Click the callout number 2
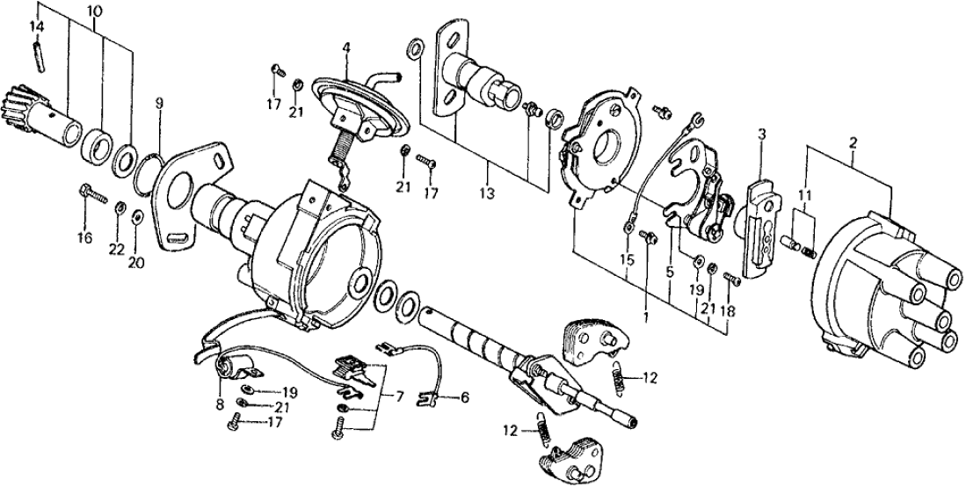click(x=852, y=141)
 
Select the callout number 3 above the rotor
click(x=761, y=134)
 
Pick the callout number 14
click(x=36, y=25)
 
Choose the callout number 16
click(x=84, y=237)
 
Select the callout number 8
click(x=216, y=406)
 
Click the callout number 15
click(x=626, y=260)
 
